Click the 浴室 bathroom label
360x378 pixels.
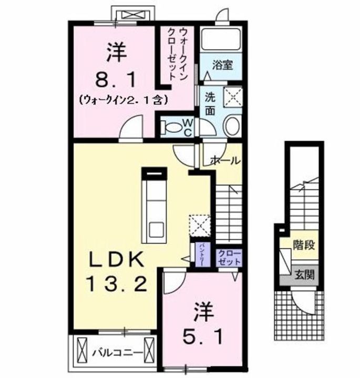(x=223, y=66)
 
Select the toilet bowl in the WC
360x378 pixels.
(x=171, y=127)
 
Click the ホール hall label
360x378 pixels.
(x=225, y=160)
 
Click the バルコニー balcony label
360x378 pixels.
(x=115, y=351)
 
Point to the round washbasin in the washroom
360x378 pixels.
(x=232, y=127)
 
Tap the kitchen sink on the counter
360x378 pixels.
(x=156, y=230)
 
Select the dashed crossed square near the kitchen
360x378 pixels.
(x=200, y=224)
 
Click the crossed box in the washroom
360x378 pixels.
(x=232, y=97)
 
